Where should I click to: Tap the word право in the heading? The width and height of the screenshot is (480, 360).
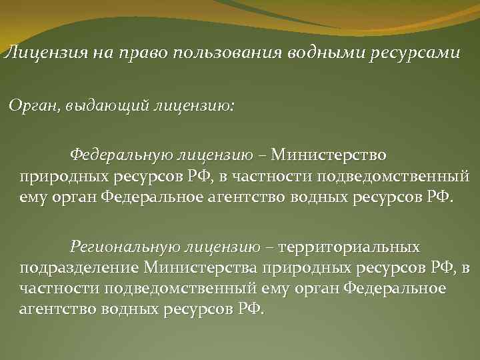click(x=139, y=53)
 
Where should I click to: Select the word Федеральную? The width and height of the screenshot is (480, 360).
click(x=121, y=156)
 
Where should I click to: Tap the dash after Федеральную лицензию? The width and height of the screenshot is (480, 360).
click(x=260, y=156)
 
